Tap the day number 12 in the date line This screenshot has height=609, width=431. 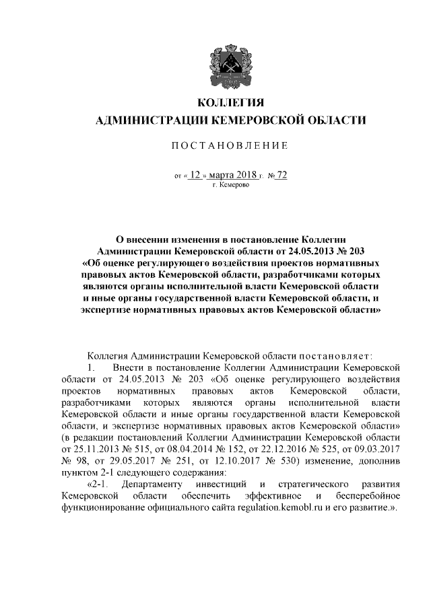click(x=195, y=175)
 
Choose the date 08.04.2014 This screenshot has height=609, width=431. click(x=189, y=447)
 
